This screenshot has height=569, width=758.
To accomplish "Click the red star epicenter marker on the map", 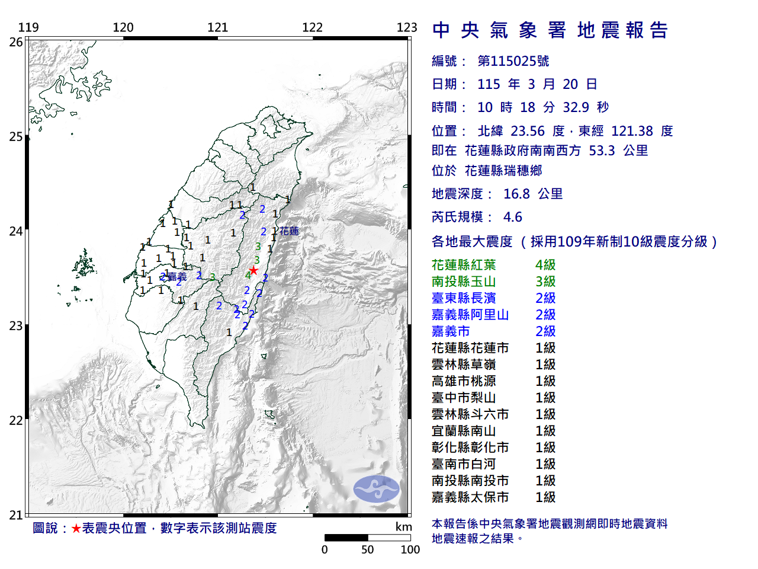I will [253, 270].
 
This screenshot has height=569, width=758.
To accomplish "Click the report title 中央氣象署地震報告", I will [550, 30].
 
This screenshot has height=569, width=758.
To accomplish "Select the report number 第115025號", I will [513, 61].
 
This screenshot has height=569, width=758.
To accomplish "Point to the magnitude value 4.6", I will [513, 217].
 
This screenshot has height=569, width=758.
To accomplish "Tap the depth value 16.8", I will [516, 194].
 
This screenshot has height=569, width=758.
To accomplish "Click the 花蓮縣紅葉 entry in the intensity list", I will [464, 265].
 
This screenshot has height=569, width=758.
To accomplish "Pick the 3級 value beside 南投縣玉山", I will [545, 282].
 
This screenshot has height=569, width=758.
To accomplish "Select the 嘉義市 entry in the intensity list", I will [451, 331].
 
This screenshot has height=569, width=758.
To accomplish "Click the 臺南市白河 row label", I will [464, 464].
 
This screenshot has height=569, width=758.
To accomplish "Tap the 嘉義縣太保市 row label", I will [470, 497].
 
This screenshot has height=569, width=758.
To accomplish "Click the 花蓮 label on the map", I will [289, 231].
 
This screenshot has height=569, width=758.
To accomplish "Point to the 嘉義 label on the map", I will [177, 277].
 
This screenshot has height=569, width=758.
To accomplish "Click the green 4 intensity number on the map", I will [248, 276].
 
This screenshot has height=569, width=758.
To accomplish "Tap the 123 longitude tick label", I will [407, 27].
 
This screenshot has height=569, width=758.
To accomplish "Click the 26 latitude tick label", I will [16, 42].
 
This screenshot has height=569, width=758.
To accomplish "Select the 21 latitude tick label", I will [16, 515].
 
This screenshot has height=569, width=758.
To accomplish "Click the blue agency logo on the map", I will [376, 489].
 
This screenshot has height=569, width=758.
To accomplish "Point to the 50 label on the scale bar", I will [368, 550].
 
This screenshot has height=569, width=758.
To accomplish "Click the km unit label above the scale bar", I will [403, 527].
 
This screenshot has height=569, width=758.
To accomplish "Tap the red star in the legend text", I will [76, 528].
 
